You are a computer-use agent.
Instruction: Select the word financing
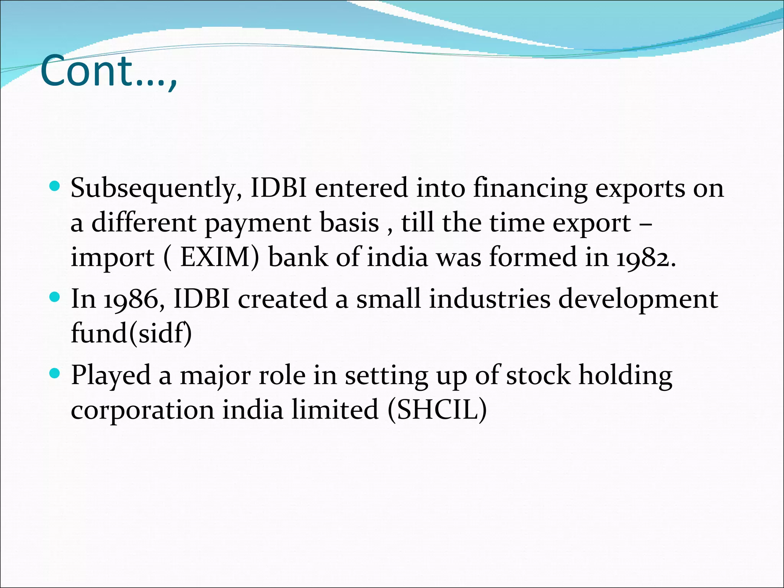530,189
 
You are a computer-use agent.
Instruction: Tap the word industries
490,299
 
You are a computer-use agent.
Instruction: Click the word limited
335,410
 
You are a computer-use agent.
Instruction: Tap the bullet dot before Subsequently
55,186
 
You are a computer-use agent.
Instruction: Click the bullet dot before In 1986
55,297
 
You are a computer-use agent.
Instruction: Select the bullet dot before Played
55,373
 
